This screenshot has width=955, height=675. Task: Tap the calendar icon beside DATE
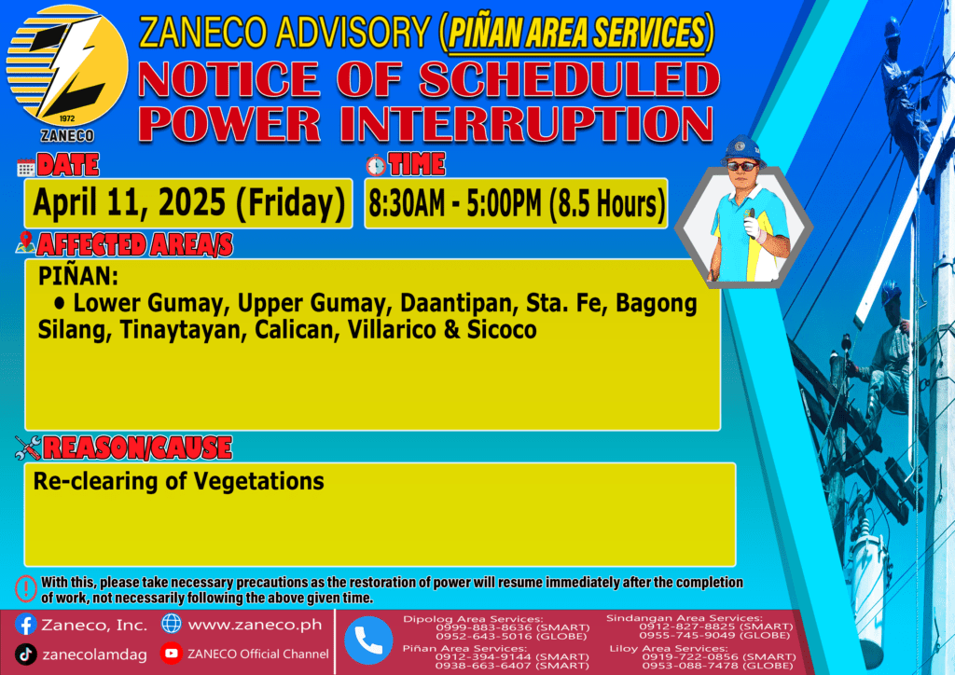pos(26,168)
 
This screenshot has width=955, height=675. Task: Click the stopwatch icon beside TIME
pos(376,165)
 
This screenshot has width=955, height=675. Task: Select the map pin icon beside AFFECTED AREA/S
pos(25,242)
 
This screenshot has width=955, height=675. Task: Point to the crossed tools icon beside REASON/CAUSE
pos(27,448)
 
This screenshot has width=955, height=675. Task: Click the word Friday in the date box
pos(291,203)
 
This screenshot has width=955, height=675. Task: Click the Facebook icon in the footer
pos(25,625)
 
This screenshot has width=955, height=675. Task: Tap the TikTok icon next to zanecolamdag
pos(25,654)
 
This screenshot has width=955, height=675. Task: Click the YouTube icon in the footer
pos(172,653)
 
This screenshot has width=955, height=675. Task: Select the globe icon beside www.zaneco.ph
pos(172,624)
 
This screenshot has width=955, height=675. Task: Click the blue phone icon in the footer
pos(368,641)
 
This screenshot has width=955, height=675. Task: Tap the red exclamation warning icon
pos(26,588)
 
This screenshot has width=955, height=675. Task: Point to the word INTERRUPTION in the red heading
pos(527,124)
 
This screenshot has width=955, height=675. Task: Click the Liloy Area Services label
pos(668,648)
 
